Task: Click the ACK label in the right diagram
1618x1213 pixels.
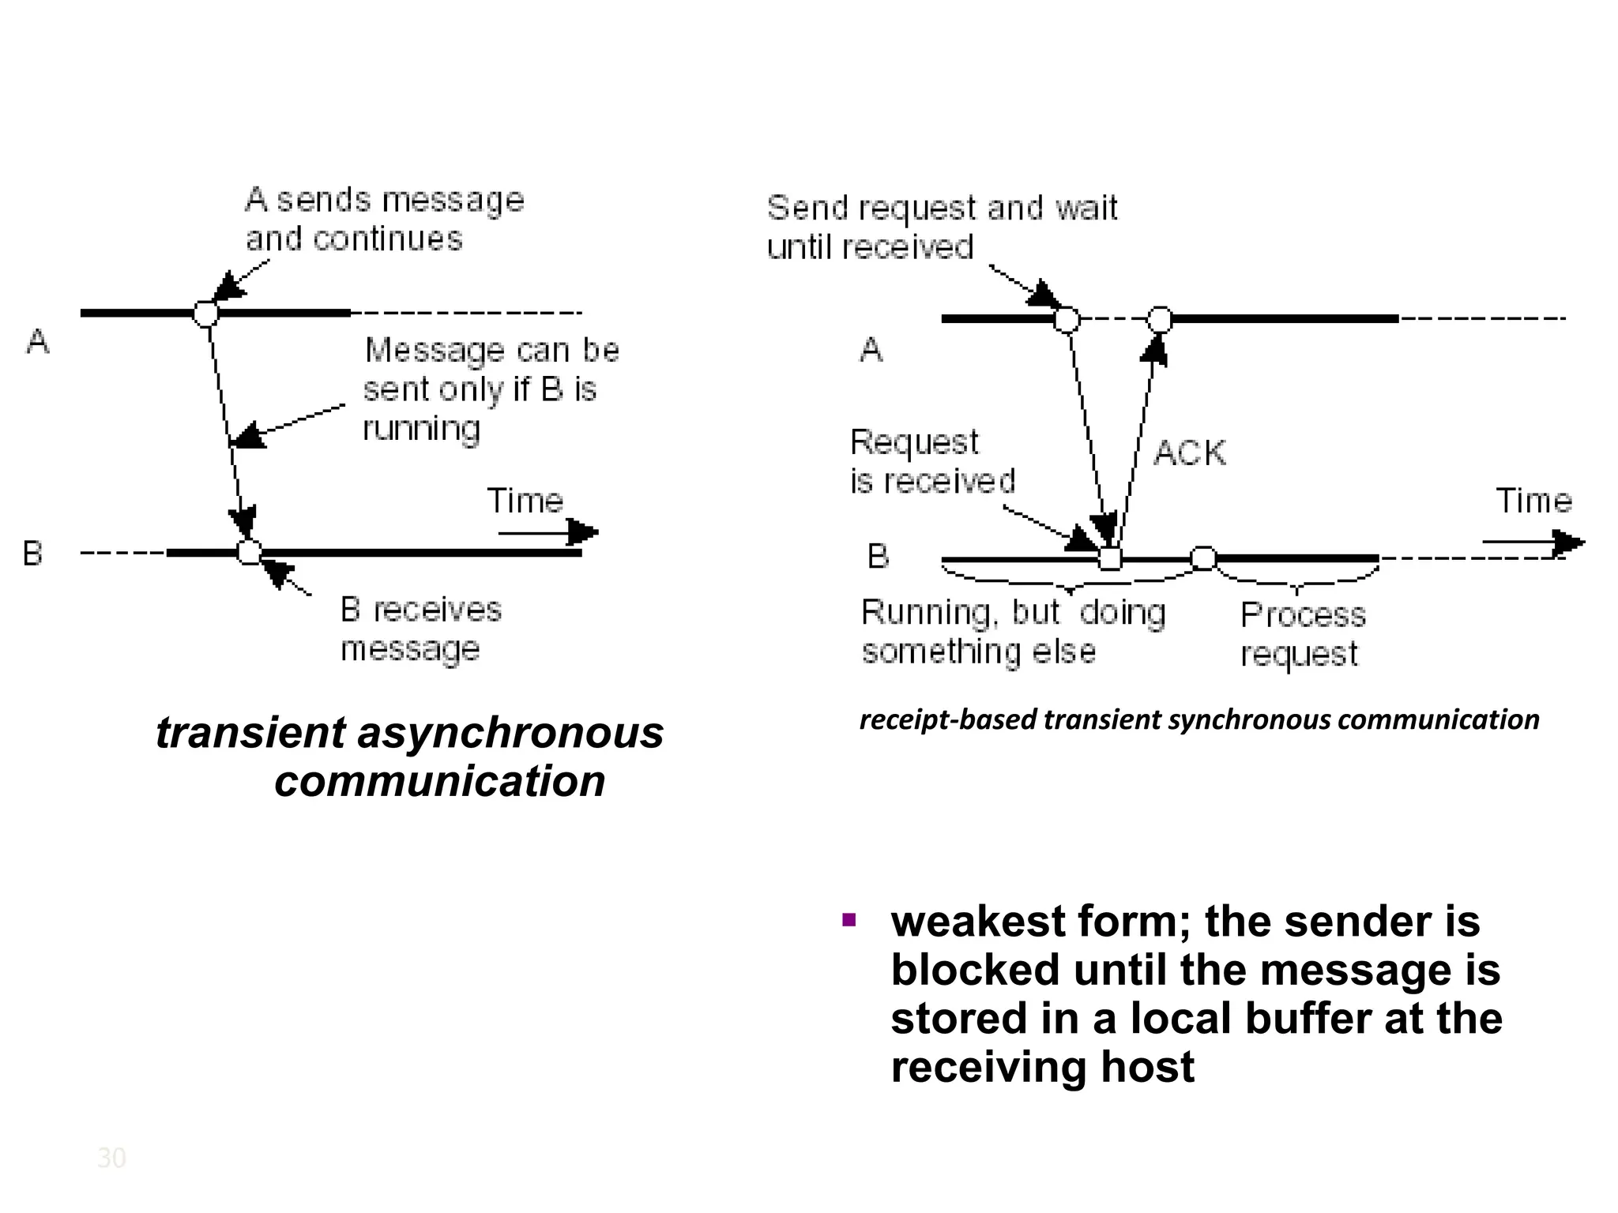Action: pyautogui.click(x=1190, y=453)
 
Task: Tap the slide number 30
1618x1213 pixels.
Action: pyautogui.click(x=111, y=1158)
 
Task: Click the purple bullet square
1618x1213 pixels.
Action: pyautogui.click(x=849, y=920)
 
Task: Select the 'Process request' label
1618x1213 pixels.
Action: pyautogui.click(x=1302, y=634)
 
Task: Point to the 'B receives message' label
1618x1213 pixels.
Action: pyautogui.click(x=420, y=629)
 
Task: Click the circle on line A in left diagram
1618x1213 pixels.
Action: pyautogui.click(x=206, y=314)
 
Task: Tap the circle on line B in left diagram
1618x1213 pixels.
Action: pyautogui.click(x=250, y=552)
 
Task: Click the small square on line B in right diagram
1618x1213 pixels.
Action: pyautogui.click(x=1110, y=559)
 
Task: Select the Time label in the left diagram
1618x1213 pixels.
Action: pyautogui.click(x=525, y=501)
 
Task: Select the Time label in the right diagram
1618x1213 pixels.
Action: pyautogui.click(x=1533, y=501)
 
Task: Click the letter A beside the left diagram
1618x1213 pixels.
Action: pyautogui.click(x=38, y=342)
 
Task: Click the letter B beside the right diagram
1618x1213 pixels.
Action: pyautogui.click(x=878, y=557)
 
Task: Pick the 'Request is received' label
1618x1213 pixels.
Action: pyautogui.click(x=931, y=461)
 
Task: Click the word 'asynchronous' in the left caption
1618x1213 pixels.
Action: pyautogui.click(x=510, y=733)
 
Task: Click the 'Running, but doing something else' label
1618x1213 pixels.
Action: pyautogui.click(x=1012, y=632)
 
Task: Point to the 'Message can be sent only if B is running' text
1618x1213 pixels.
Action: pyautogui.click(x=490, y=389)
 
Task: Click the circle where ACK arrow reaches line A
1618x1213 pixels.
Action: pyautogui.click(x=1159, y=320)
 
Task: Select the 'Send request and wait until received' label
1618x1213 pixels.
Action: pyautogui.click(x=941, y=227)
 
